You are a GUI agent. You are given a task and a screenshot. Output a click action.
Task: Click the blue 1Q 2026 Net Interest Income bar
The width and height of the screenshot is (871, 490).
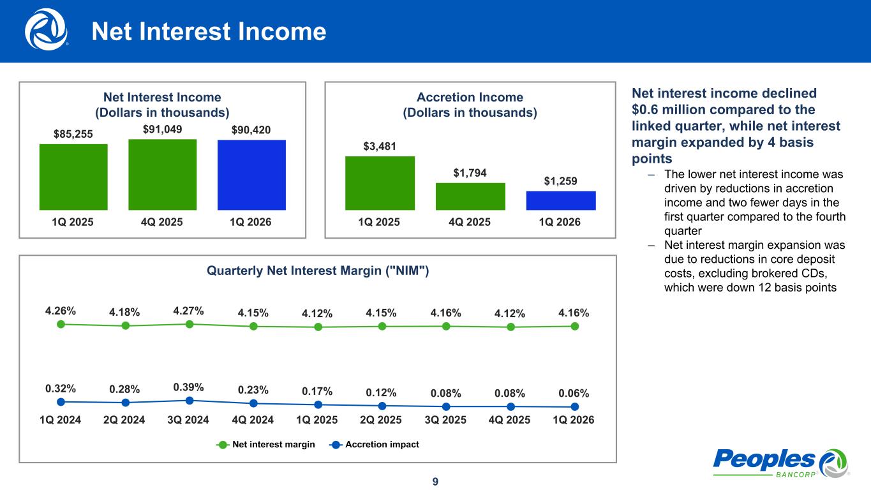pos(251,175)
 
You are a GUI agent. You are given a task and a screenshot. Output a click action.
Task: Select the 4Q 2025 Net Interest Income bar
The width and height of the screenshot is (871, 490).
pos(162,174)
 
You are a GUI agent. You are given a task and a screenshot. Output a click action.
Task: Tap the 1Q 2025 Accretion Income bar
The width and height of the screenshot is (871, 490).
pos(380,183)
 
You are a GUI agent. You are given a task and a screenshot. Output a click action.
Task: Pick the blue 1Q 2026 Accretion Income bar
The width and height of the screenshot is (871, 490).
pos(561,200)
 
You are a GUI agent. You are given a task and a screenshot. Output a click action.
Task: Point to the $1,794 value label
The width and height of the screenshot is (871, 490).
pos(470,172)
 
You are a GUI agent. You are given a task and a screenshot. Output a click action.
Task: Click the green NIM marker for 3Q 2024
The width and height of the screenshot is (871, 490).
pos(190,324)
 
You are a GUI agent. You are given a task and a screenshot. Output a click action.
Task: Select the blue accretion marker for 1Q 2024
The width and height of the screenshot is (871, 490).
pos(61,401)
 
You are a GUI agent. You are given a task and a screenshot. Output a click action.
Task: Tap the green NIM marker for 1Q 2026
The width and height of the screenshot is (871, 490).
pos(575,326)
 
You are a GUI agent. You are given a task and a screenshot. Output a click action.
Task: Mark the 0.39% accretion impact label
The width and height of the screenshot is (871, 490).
pos(188,387)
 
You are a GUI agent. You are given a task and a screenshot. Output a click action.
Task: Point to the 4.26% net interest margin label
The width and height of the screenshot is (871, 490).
pos(61,311)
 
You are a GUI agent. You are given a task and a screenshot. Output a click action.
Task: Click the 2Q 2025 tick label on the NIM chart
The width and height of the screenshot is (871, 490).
pos(382,420)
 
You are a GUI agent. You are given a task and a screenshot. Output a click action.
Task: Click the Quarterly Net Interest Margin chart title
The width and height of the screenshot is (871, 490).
pos(318,271)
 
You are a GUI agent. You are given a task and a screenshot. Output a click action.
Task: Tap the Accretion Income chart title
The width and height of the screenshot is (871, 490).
pos(470,105)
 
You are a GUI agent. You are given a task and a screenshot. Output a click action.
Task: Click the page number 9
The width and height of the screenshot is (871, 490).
pos(435,481)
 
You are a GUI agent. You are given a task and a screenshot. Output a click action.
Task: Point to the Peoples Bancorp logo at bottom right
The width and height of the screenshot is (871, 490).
pos(780,462)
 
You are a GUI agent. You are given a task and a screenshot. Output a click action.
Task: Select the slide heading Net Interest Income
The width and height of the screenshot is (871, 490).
pos(209,32)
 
